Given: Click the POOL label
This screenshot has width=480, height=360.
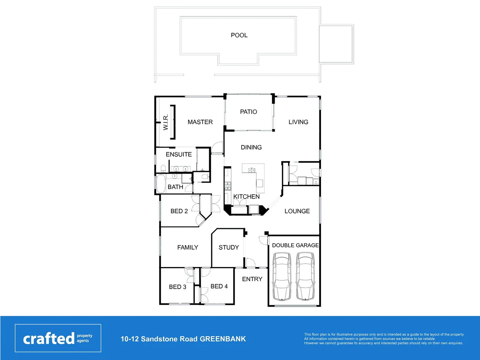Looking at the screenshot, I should pyautogui.click(x=239, y=35).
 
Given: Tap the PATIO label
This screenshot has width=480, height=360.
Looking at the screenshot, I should pyautogui.click(x=249, y=112).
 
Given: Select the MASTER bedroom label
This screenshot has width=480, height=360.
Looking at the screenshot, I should pyautogui.click(x=200, y=122).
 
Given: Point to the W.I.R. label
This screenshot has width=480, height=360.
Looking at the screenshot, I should pyautogui.click(x=165, y=122).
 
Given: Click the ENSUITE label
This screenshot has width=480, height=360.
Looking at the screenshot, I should pyautogui.click(x=179, y=155).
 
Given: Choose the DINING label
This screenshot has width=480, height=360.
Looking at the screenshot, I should pyautogui.click(x=251, y=147).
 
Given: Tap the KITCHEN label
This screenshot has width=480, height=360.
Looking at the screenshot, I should pyautogui.click(x=246, y=197).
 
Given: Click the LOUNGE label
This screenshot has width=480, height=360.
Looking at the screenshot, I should pyautogui.click(x=297, y=211).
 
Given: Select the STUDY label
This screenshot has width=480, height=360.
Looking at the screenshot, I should pyautogui.click(x=228, y=248).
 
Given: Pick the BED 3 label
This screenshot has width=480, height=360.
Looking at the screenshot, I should pyautogui.click(x=177, y=287).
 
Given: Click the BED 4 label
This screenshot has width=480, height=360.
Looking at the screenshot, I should pyautogui.click(x=219, y=287).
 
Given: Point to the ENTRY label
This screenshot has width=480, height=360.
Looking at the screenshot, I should pyautogui.click(x=252, y=279).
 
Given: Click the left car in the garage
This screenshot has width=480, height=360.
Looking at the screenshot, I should pyautogui.click(x=282, y=277).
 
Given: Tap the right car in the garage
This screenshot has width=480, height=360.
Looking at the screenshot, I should pyautogui.click(x=305, y=277).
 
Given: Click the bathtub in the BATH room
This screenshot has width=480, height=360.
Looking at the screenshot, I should pyautogui.click(x=161, y=184).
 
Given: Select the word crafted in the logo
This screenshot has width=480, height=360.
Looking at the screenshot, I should pyautogui.click(x=49, y=339).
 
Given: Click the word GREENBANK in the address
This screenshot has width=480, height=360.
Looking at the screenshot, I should pyautogui.click(x=223, y=339).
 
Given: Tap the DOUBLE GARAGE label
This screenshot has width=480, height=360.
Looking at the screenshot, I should pyautogui.click(x=295, y=245).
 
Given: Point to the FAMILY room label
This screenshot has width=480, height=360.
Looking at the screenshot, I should pyautogui.click(x=187, y=248).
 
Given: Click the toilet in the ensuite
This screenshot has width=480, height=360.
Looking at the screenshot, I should pyautogui.click(x=163, y=168).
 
